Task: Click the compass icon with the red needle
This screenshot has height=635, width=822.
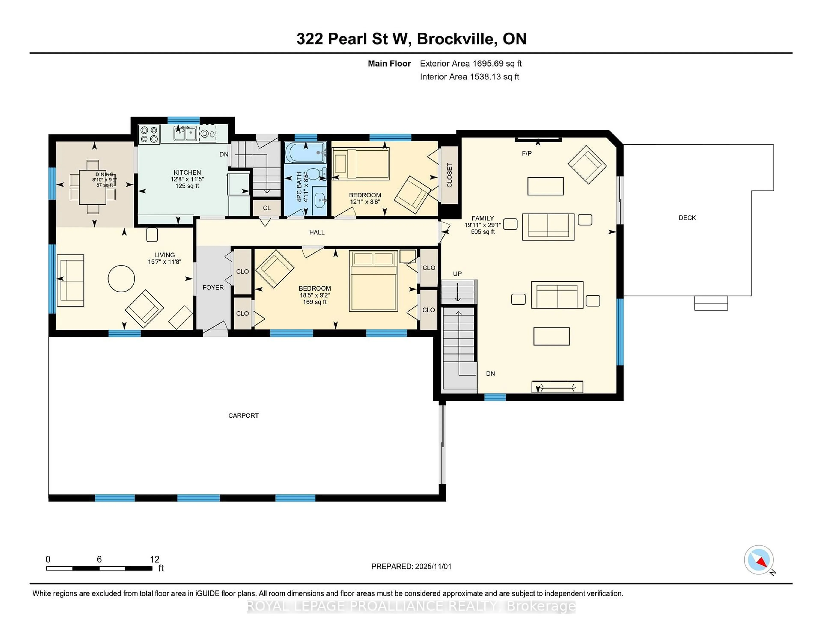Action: pyautogui.click(x=758, y=559)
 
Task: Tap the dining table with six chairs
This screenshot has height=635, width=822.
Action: pyautogui.click(x=93, y=187)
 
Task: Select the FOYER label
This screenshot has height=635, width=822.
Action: pyautogui.click(x=213, y=287)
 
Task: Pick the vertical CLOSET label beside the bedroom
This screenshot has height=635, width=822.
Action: pyautogui.click(x=449, y=175)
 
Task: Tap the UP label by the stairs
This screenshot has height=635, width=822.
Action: pyautogui.click(x=457, y=273)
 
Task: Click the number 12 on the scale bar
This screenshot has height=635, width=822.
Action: pyautogui.click(x=154, y=559)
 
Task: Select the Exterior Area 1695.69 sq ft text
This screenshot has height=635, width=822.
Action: pyautogui.click(x=471, y=64)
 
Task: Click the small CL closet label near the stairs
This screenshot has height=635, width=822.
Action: pyautogui.click(x=267, y=208)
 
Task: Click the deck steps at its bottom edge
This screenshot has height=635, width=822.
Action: pyautogui.click(x=711, y=303)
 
